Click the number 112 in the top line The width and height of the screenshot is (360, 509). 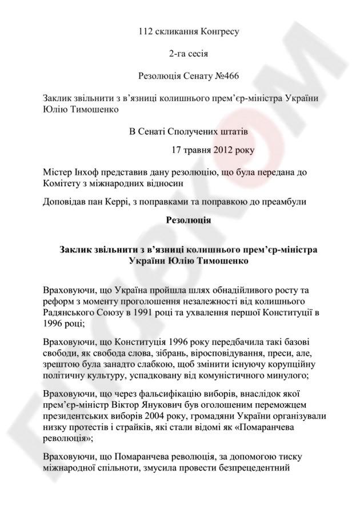pyautogui.click(x=146, y=31)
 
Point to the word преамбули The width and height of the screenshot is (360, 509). pyautogui.click(x=283, y=201)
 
